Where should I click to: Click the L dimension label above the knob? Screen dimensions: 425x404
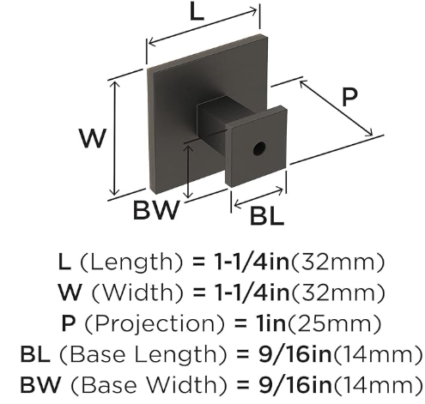197,12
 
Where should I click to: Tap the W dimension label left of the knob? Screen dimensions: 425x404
93,138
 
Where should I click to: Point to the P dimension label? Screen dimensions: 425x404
349,97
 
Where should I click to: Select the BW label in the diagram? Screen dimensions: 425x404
156,210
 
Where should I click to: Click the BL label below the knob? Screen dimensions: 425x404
267,216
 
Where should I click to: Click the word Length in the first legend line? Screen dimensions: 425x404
131,262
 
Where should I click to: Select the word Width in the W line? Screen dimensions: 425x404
137,292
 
